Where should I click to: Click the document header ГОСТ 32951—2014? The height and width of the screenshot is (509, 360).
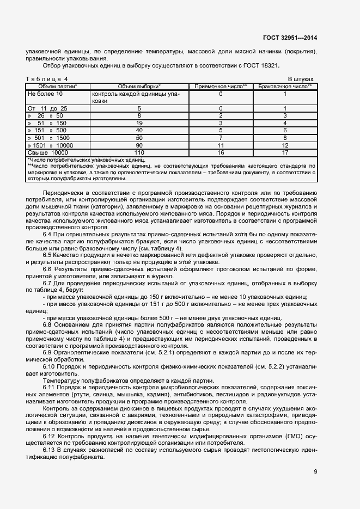(x=290, y=38)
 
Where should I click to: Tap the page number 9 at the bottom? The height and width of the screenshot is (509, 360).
(x=315, y=471)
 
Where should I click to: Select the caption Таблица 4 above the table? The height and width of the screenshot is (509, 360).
(x=47, y=79)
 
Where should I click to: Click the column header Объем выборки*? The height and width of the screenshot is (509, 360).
(x=139, y=87)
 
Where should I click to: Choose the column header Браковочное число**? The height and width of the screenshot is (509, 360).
(x=284, y=87)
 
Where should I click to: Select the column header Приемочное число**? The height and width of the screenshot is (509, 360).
(x=221, y=87)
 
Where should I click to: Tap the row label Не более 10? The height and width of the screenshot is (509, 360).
(x=45, y=94)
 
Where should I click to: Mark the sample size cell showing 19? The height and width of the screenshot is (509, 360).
(x=139, y=124)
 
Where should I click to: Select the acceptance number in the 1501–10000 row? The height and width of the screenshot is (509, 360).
(x=221, y=146)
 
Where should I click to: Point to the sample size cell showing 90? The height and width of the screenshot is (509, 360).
(x=139, y=146)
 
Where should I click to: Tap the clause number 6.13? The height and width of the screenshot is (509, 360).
(x=48, y=451)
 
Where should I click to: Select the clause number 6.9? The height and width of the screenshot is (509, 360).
(x=47, y=352)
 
